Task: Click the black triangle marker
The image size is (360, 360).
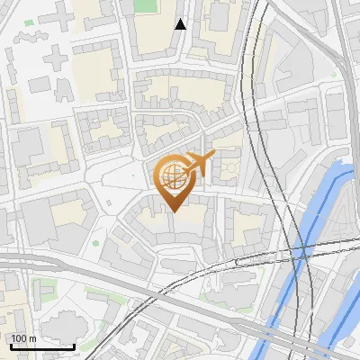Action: point(181,24)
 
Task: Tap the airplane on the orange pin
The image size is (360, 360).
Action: point(199,164)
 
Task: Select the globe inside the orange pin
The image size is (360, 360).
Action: point(172,177)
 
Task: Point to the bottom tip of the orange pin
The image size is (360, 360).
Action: point(174,211)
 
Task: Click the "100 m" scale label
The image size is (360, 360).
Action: point(23,337)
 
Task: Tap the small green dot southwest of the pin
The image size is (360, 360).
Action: point(95,242)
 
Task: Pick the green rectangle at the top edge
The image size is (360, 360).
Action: point(144,4)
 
